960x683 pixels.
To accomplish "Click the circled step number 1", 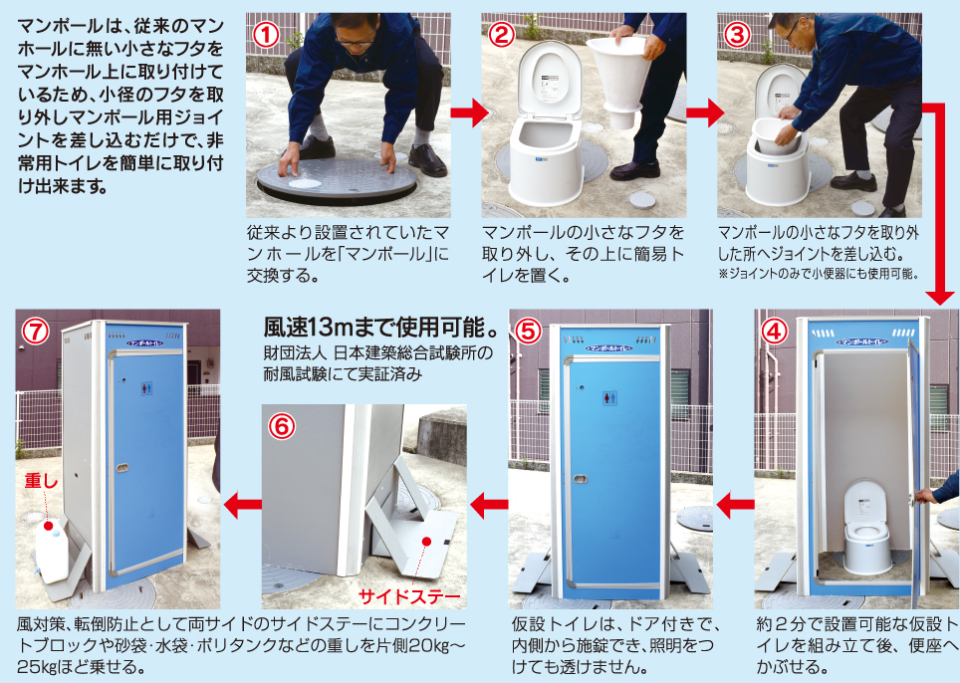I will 264,33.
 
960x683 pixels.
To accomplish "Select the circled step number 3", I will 737,33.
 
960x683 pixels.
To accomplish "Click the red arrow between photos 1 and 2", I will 464,114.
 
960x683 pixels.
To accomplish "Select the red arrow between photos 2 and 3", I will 701,114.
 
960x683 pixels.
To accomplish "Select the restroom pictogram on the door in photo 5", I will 608,396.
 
